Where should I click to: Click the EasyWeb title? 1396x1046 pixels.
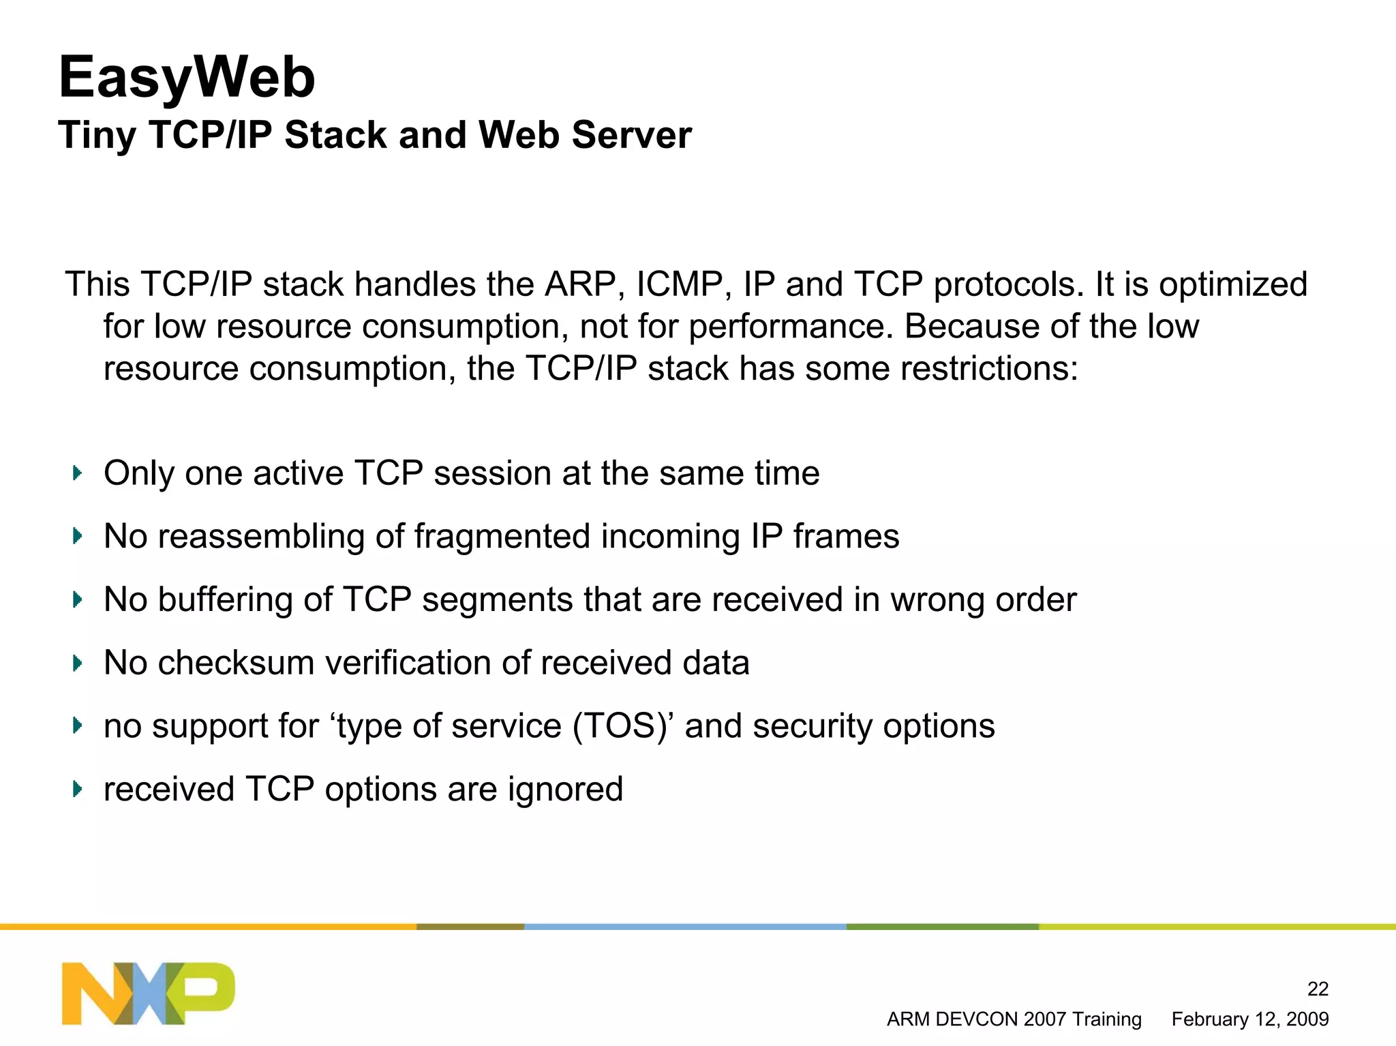click(187, 77)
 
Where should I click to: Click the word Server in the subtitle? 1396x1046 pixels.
click(632, 134)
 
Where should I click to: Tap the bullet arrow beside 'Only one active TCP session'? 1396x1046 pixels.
click(77, 473)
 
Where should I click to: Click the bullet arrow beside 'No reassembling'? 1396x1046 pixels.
click(77, 536)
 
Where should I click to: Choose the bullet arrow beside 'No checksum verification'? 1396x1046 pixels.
click(77, 663)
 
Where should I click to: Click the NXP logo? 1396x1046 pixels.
click(149, 993)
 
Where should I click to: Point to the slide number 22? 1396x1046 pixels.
click(1318, 989)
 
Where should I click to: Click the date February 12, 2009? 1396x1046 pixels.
click(1249, 1019)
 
